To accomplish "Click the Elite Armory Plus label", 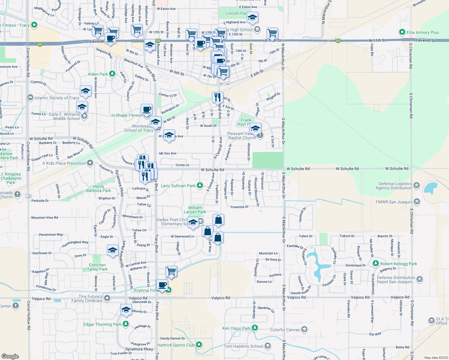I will pos(423,32).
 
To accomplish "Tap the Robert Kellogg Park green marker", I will pos(375,263).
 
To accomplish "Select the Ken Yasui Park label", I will pos(236,328).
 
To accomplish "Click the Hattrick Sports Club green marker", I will pos(199,345).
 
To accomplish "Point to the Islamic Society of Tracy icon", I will pos(30,97).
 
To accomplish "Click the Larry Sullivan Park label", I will pos(178,186).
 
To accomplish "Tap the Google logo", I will pos(10,356).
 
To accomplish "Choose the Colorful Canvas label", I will pos(285,330).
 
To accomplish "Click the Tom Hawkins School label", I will pos(243,346).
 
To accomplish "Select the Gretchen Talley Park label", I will pos(98,267).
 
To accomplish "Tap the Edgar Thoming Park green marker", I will pos(126,324).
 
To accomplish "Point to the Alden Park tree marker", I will pos(112,73).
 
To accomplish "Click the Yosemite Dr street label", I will pos(239,207).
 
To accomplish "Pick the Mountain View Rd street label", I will pos(45,217).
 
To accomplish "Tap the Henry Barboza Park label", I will pos(98,188).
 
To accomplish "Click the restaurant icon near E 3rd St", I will pos(218,97).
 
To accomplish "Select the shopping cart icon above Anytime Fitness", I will pos(171,271).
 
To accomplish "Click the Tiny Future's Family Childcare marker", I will pos(107,298).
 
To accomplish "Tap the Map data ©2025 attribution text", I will pos(436,358).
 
